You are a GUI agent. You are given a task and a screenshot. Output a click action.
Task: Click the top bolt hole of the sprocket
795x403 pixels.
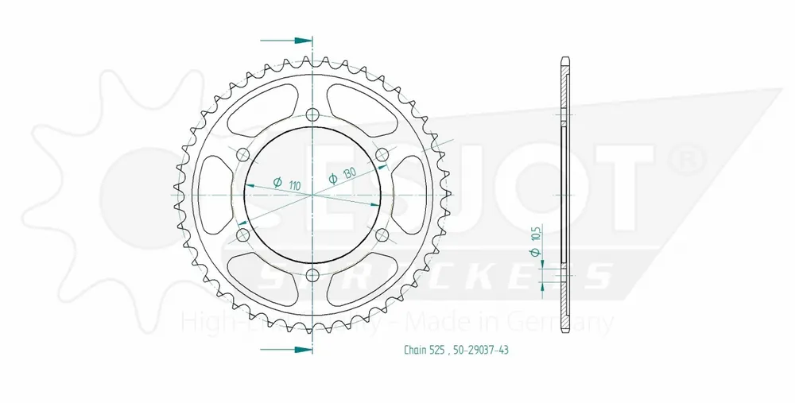click(x=312, y=112)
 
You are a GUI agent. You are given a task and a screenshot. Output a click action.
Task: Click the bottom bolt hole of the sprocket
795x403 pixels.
click(x=312, y=275)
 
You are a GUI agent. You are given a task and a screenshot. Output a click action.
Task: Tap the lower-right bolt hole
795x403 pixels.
click(x=382, y=234)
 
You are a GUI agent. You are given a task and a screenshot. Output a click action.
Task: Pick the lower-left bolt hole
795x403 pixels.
click(x=242, y=234)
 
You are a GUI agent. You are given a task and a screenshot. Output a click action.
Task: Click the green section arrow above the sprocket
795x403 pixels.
click(x=285, y=39)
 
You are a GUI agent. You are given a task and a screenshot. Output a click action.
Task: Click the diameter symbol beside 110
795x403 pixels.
click(x=277, y=183)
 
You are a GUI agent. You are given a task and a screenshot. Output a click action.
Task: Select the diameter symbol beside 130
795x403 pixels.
click(x=334, y=179)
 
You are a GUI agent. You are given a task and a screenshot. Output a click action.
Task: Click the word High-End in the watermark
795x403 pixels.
click(x=219, y=323)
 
